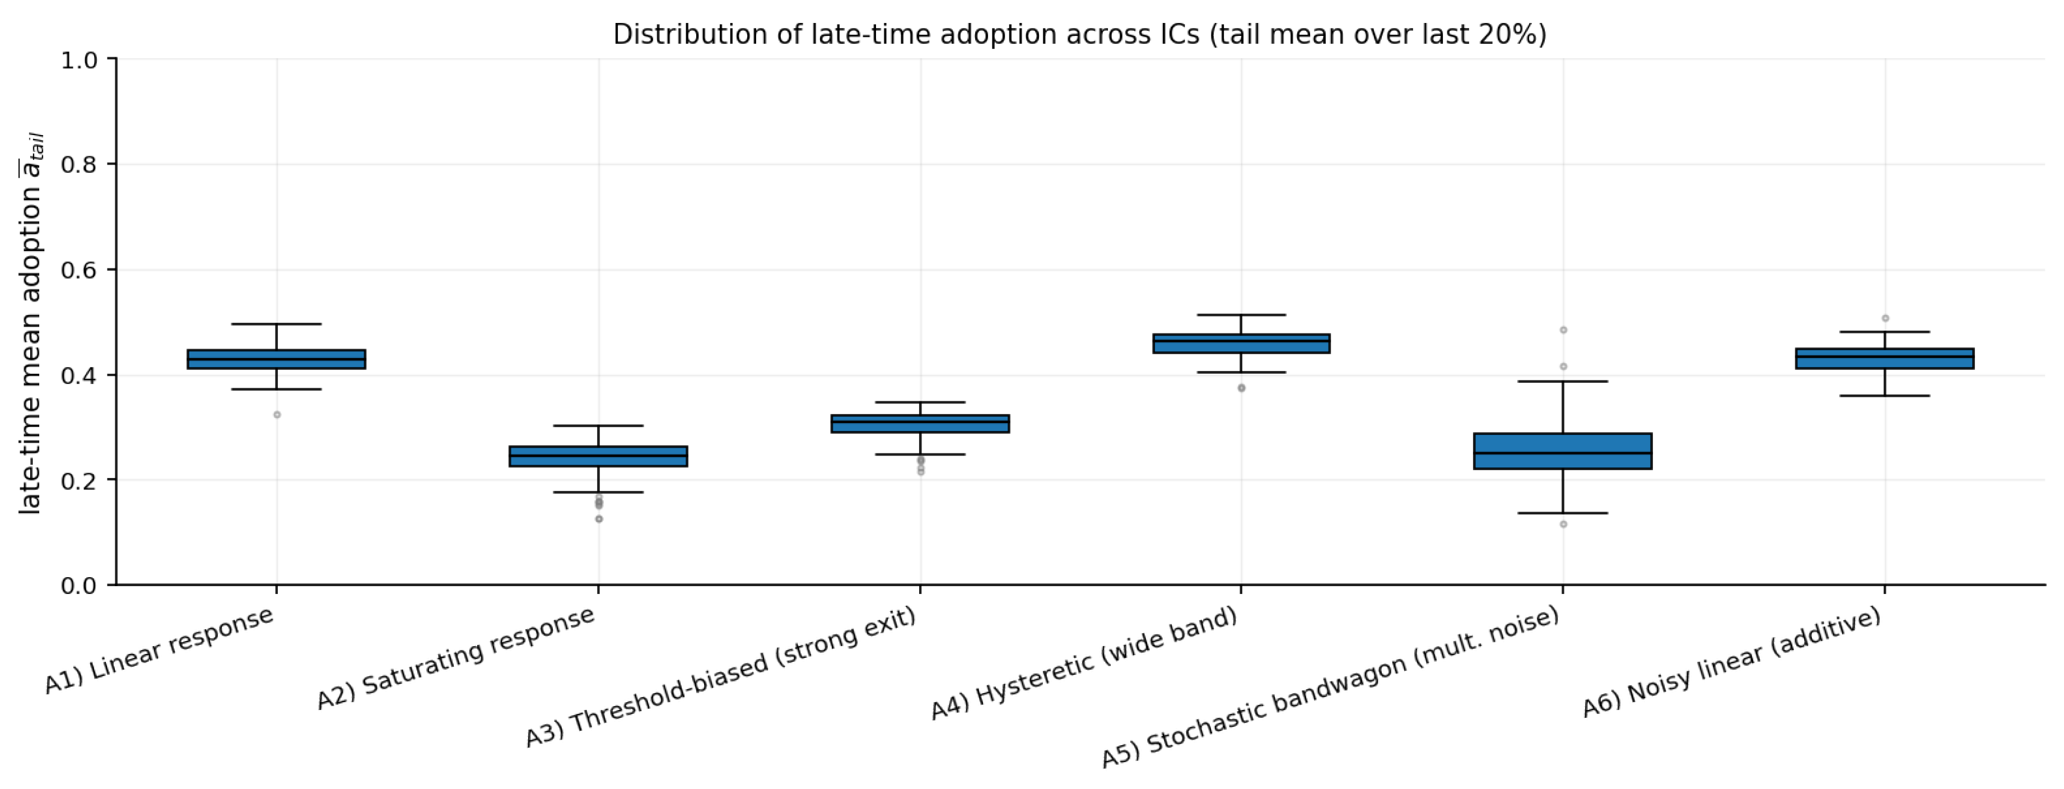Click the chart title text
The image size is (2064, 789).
1079,35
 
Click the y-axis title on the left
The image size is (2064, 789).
30,324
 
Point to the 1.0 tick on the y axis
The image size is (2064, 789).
78,60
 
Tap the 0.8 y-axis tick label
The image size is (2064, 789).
78,164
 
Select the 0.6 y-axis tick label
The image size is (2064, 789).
78,270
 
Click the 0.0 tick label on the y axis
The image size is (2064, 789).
78,586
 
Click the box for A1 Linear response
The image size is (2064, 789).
277,359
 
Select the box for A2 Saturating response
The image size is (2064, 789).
599,456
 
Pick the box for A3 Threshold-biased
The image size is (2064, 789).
920,424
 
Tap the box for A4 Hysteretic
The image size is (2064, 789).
1241,343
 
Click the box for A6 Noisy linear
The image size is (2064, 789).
1885,359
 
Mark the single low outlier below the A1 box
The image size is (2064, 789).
277,415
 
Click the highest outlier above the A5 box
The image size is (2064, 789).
1563,329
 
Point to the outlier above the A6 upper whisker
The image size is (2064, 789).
1885,318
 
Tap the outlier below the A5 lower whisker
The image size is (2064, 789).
1563,525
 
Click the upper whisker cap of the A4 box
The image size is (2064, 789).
1241,314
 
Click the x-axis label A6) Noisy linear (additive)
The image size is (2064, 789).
1731,662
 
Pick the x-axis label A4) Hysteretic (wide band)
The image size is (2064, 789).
1084,664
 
